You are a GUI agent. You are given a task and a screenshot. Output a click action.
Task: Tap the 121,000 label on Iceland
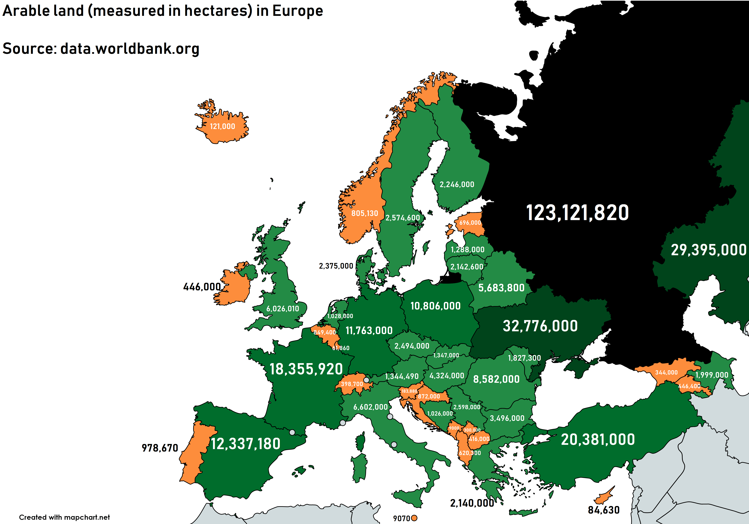222,126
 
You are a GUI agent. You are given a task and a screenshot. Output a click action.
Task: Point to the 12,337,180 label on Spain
245,444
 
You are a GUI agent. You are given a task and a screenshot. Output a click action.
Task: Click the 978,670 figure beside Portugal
160,448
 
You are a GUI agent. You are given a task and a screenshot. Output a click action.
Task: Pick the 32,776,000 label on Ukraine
540,326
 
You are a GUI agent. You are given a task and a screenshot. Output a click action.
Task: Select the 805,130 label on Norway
364,213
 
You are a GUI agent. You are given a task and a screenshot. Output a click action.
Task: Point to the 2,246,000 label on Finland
457,184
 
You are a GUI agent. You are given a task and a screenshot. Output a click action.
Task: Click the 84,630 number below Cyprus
604,510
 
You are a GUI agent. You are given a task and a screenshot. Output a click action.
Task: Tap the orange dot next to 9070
414,518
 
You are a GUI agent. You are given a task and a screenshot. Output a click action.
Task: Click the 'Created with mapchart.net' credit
64,517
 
